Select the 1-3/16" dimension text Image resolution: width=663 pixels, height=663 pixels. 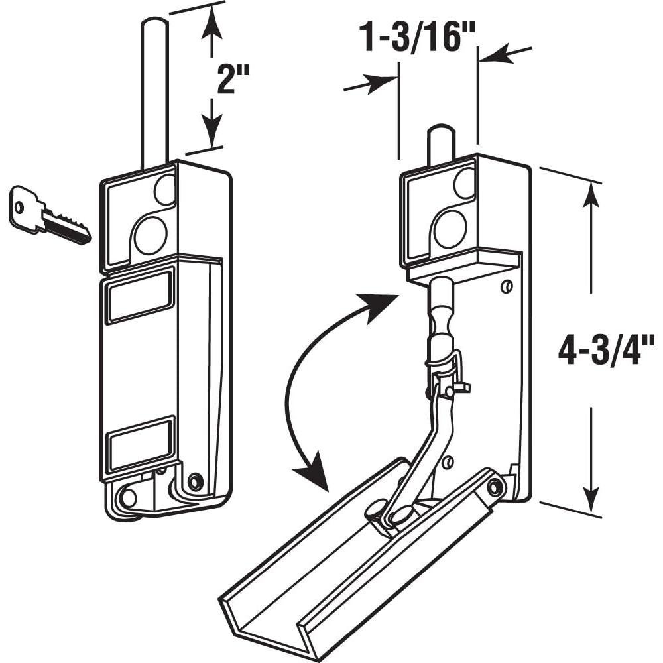coord(418,38)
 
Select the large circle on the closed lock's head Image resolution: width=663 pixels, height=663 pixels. coord(150,235)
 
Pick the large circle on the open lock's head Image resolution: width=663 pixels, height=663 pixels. coord(450,229)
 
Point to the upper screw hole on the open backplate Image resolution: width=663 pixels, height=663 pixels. coord(507,286)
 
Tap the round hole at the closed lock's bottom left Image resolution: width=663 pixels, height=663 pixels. coord(128,497)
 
